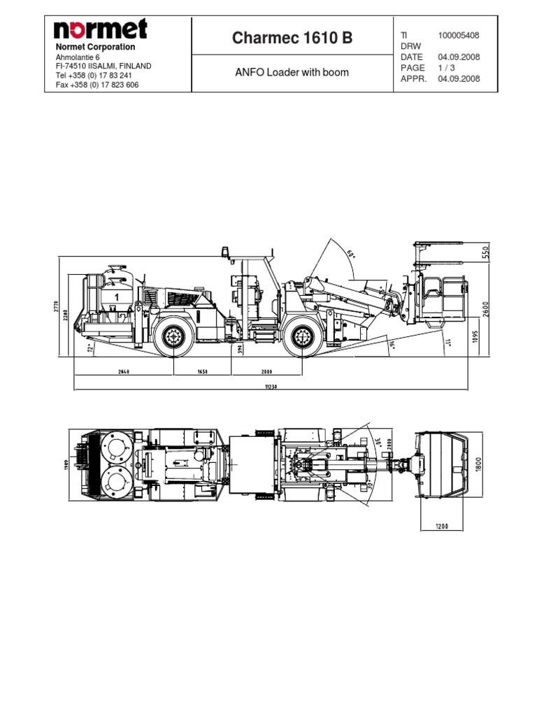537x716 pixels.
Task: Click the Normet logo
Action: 101,29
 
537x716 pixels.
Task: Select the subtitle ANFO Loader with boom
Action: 292,72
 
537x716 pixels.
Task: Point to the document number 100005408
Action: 459,35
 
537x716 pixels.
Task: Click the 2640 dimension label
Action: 125,373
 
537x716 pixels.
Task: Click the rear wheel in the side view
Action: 172,339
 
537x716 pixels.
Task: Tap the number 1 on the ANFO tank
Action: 117,296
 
